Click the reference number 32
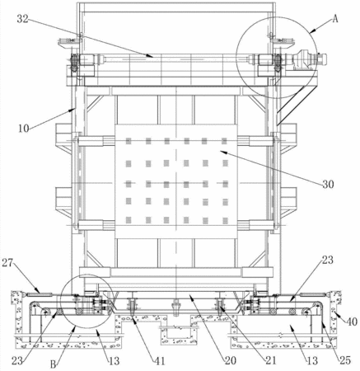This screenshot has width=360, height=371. coord(23,19)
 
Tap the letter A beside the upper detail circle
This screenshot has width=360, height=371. coord(335,19)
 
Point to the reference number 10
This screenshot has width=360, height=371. coord(24,129)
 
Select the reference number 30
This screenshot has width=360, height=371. coord(328,184)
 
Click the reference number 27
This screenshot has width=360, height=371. coord(8,263)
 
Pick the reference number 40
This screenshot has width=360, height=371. coord(352,322)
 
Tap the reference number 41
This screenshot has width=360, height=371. coord(160,361)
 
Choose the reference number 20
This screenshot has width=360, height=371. coord(230,360)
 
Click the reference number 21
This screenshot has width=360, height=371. coord(270,360)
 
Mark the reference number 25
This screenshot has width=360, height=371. coord(345,360)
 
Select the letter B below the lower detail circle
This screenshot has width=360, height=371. coord(54,364)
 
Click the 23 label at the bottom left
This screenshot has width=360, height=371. coord(17,361)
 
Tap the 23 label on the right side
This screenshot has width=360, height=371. coord(327,260)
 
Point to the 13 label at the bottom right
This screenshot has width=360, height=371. coord(312,360)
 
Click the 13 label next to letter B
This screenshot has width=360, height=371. coord(114,361)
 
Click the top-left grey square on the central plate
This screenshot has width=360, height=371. coord(129,141)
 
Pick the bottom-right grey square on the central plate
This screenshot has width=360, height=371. coord(226,220)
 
